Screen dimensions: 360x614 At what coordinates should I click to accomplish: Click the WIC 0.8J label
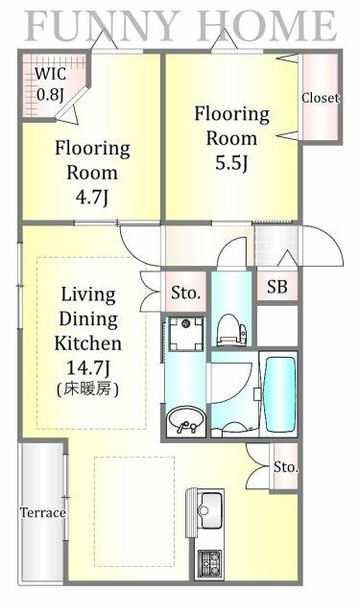tap(51, 84)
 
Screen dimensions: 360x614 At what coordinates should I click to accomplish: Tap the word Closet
tap(320, 98)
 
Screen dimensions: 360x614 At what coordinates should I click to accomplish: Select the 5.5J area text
tap(231, 163)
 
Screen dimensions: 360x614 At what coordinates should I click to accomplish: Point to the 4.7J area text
tap(91, 198)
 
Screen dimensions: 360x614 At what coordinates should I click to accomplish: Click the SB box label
tap(277, 287)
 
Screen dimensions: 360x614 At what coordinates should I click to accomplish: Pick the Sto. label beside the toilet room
tap(185, 293)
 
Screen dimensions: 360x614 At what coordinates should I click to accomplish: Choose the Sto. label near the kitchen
tap(285, 467)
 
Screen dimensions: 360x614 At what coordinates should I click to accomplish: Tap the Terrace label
tap(42, 512)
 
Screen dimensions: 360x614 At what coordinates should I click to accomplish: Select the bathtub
tap(280, 392)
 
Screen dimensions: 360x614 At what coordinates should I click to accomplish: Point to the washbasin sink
tap(185, 420)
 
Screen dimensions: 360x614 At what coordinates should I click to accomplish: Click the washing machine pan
tap(186, 334)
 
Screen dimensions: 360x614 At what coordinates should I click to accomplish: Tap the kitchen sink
tap(211, 509)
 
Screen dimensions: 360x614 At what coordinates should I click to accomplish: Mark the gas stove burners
tap(209, 563)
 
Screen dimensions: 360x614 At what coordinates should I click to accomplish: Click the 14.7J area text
tap(87, 367)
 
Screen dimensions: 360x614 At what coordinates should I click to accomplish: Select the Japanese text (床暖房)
tap(87, 390)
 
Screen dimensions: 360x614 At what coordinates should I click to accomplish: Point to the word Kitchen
tap(87, 343)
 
